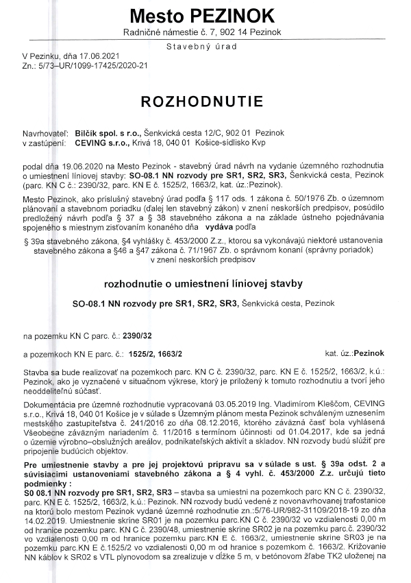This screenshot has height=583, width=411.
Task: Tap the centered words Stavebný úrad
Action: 201,46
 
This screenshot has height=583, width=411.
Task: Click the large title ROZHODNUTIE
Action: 201,102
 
